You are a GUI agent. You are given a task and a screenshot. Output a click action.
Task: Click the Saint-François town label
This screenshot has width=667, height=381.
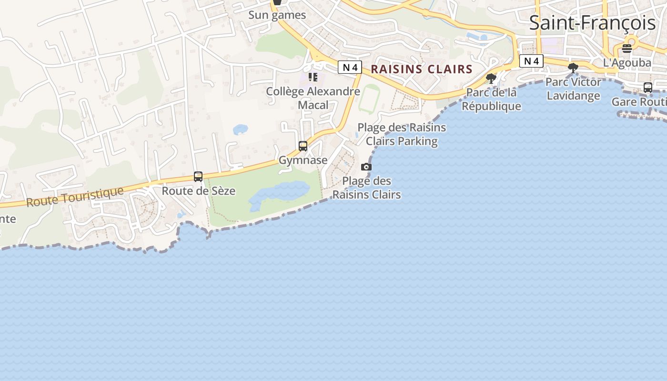(x=592, y=23)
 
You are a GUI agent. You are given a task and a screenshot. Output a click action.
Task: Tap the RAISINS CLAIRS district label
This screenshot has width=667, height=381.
(x=422, y=69)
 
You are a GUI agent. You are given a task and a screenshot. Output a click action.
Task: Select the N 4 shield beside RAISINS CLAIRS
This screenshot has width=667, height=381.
(x=350, y=68)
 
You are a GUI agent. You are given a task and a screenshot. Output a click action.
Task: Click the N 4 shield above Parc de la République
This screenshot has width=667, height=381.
(x=531, y=61)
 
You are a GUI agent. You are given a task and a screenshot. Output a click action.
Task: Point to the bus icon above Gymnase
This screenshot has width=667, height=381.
(x=303, y=146)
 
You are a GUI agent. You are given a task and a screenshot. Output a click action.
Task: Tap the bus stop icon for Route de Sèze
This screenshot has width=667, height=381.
(x=198, y=177)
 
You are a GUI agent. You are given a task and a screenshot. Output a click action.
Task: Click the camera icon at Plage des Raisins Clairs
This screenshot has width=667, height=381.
(x=366, y=167)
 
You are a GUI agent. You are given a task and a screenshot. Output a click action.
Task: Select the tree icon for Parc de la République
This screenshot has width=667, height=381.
(x=491, y=79)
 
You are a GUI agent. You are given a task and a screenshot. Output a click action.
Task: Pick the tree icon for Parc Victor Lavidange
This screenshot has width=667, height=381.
(x=573, y=69)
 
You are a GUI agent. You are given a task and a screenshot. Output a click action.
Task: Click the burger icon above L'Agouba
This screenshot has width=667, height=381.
(x=627, y=48)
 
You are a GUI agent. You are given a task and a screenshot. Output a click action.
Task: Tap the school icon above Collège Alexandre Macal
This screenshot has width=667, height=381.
(x=313, y=77)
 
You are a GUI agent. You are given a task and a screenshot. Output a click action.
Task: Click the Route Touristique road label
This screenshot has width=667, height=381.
(x=75, y=197)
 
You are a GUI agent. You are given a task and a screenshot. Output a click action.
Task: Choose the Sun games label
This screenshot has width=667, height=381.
(x=277, y=15)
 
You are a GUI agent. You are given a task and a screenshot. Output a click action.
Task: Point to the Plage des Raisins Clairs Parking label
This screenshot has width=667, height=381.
(x=402, y=134)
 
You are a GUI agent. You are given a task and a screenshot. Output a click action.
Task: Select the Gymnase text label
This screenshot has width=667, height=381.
(x=303, y=160)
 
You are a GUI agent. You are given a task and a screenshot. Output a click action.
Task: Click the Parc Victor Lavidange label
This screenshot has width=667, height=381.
(x=573, y=89)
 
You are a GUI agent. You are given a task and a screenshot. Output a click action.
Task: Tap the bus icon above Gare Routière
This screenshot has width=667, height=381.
(x=648, y=88)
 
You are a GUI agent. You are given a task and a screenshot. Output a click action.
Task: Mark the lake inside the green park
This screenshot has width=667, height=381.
(x=279, y=193)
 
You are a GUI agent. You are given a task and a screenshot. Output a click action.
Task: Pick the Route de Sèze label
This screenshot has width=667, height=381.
(x=198, y=191)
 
